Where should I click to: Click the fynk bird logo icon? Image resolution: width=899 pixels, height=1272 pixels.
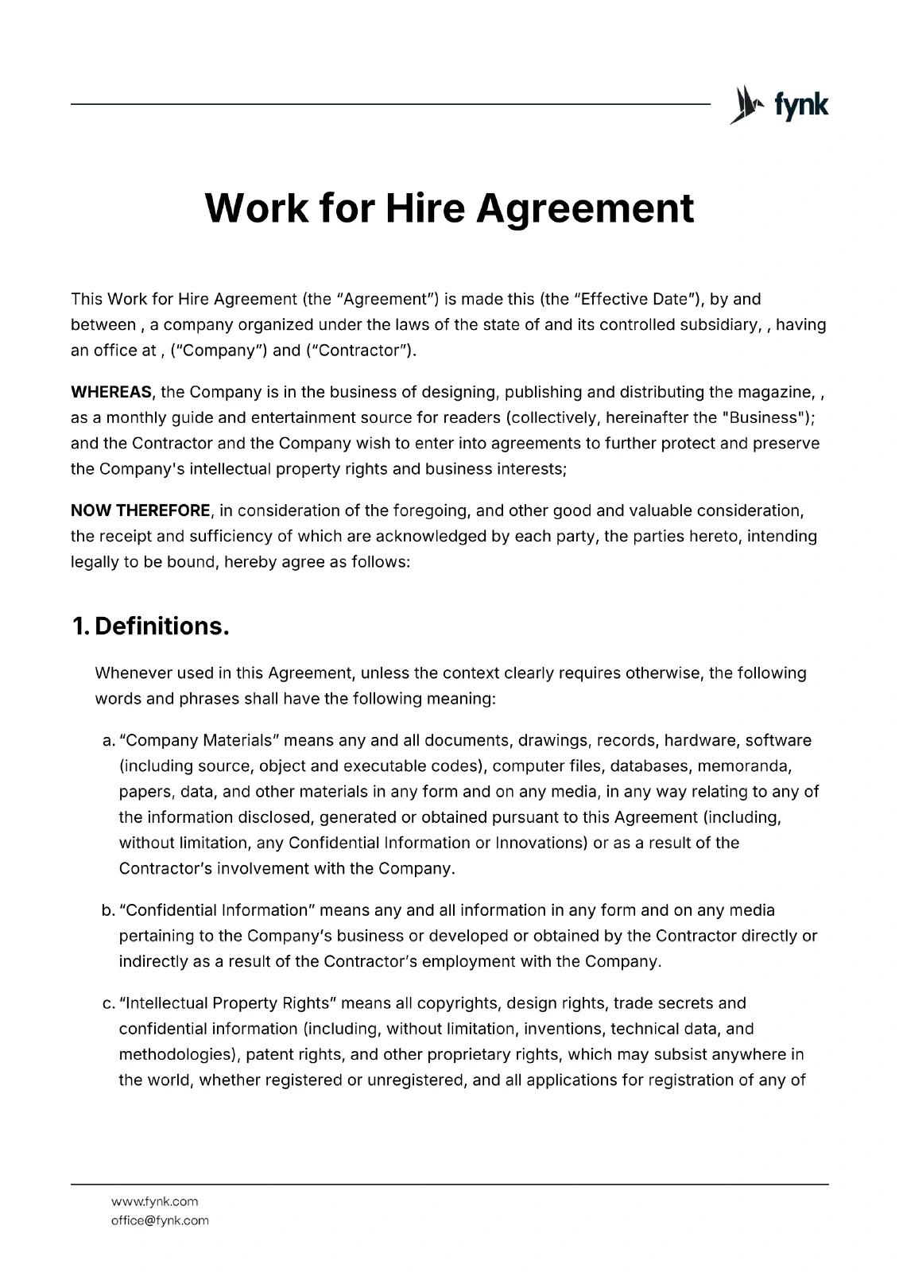click(741, 105)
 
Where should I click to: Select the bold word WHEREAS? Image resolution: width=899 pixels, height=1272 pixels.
click(110, 392)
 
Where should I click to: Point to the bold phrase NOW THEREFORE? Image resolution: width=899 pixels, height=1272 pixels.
click(141, 510)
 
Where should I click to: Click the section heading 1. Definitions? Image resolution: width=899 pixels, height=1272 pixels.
click(150, 626)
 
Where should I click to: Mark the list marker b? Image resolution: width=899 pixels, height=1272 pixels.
click(108, 910)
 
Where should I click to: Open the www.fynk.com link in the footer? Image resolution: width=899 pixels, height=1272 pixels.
click(154, 1201)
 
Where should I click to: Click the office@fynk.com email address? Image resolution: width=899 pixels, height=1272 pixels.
click(160, 1220)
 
